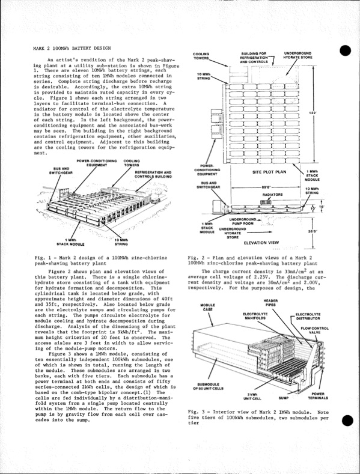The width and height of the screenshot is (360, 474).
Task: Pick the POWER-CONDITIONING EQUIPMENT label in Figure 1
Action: tap(96, 163)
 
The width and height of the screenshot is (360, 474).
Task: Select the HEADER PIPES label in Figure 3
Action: tap(270, 303)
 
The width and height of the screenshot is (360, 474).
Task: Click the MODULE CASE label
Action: tap(203, 308)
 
